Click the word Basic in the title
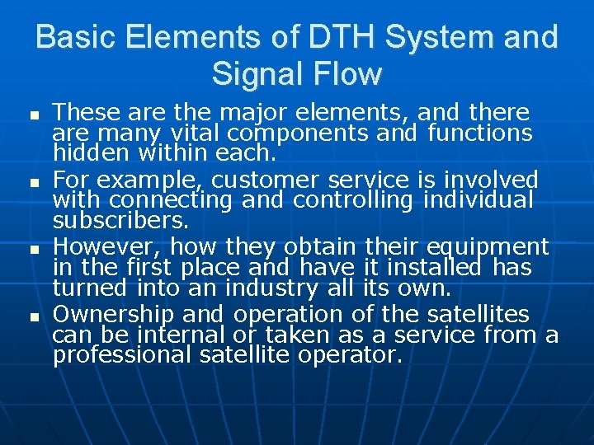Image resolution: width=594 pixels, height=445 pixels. [77, 38]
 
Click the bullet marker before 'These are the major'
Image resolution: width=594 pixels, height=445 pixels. [32, 114]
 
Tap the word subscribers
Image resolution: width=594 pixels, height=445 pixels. [120, 221]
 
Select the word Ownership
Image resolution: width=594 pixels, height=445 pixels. [113, 315]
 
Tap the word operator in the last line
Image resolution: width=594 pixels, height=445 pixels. [350, 356]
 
